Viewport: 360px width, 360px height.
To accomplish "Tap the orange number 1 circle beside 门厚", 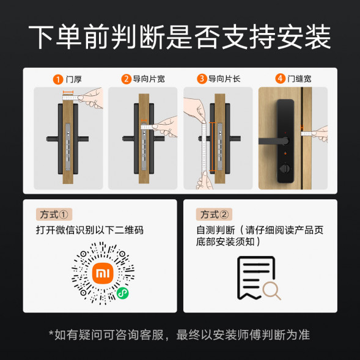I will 57,79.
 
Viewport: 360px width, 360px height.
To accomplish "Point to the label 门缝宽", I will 299,79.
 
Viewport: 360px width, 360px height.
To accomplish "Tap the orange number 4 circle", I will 280,79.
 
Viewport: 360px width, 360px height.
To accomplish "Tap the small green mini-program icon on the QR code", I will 122,293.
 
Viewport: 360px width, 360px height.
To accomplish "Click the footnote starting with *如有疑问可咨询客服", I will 180,334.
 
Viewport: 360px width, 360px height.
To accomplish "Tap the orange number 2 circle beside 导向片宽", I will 127,79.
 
